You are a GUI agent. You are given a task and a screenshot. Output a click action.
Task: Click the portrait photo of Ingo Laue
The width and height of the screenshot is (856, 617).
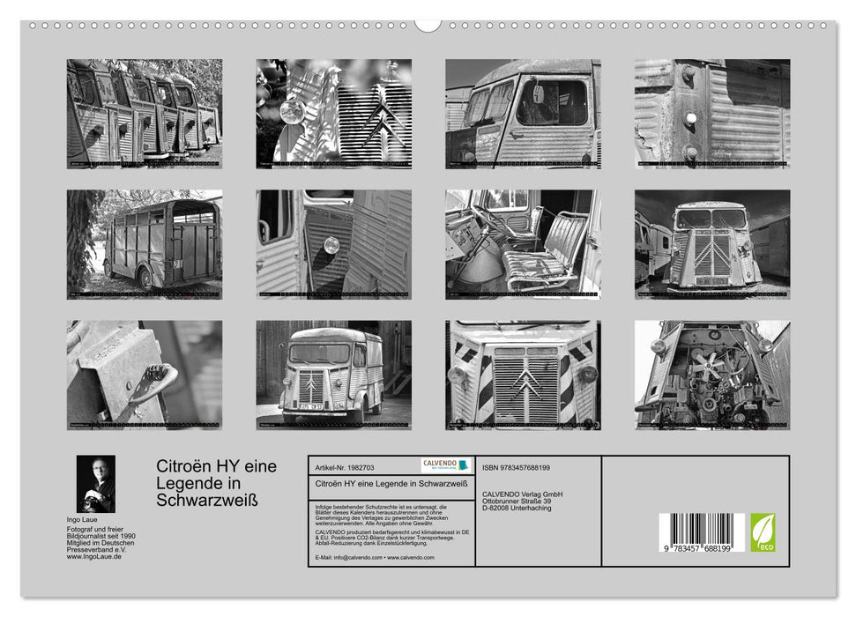[95, 484]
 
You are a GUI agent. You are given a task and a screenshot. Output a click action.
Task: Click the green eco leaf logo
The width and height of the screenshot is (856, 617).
[763, 532]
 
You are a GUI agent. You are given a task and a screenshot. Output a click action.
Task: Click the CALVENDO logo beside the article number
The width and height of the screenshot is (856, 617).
[445, 465]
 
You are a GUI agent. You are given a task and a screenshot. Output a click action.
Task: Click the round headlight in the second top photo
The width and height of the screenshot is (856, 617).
[291, 112]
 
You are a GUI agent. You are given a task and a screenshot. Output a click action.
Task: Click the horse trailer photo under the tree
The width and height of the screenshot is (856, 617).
[145, 244]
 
